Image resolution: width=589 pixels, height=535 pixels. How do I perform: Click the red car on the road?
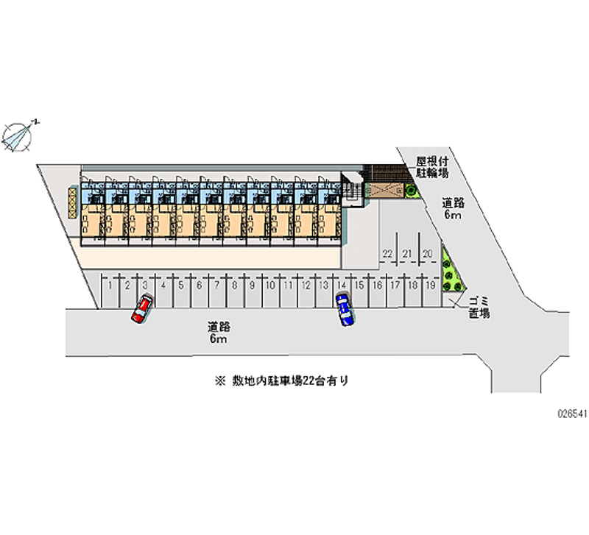(x=142, y=308)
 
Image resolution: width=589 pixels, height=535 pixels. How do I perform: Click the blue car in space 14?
(x=344, y=309)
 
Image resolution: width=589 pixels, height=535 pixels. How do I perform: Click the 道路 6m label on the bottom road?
(x=217, y=333)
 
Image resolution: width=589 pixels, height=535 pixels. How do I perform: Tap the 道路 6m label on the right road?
(x=451, y=209)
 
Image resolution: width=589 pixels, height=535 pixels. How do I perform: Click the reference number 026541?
(x=571, y=414)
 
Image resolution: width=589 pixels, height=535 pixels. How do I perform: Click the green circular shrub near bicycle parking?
(x=409, y=191)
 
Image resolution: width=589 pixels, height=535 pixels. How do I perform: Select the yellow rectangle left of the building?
(x=72, y=203)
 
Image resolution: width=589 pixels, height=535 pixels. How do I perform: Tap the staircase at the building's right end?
(x=353, y=190)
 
